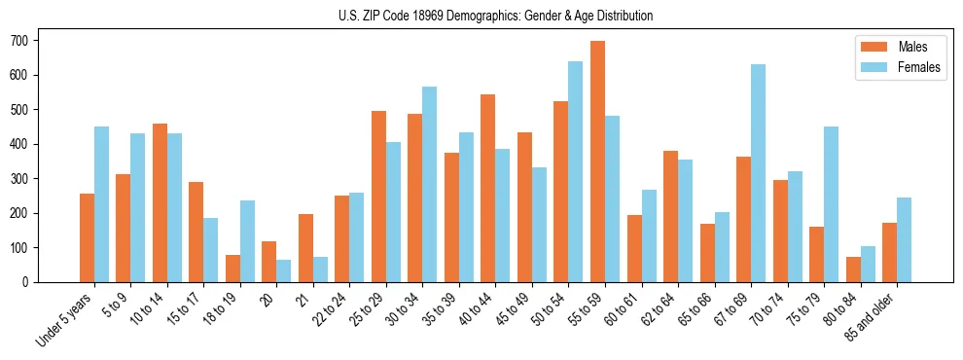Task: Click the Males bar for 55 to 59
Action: click(x=597, y=162)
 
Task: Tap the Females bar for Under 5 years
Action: click(x=101, y=204)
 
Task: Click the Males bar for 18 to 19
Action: click(x=232, y=269)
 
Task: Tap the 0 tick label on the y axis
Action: click(x=31, y=282)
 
